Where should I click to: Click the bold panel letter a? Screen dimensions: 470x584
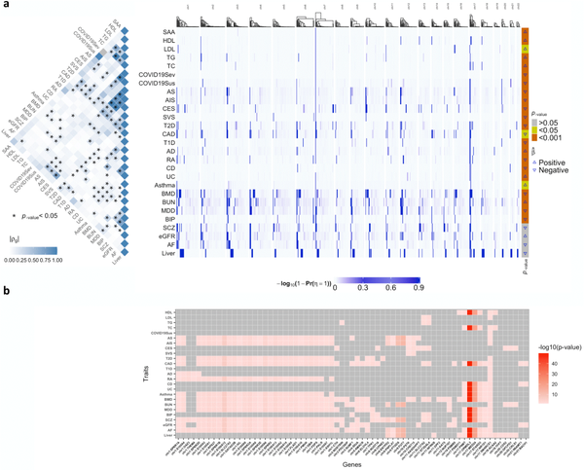[5, 6]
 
